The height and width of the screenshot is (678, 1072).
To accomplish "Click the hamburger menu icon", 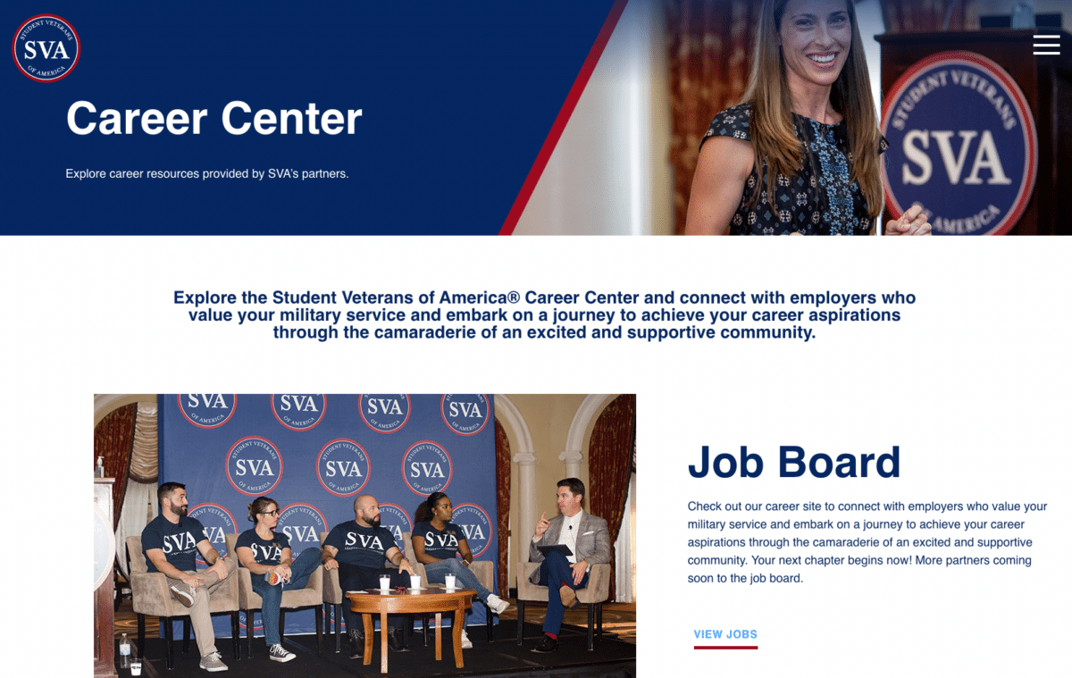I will coord(1046,45).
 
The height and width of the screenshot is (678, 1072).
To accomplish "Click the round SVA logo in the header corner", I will coord(46,48).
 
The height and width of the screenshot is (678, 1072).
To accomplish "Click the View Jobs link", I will coord(725,634).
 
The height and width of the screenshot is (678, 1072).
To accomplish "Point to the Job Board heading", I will coord(793,462).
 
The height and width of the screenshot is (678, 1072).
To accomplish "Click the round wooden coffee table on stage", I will coord(410,599).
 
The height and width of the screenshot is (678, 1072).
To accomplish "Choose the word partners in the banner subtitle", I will coord(323,173).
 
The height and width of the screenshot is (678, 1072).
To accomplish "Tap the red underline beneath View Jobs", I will coord(725,647).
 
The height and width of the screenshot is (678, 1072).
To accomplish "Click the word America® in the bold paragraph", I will coord(480,297).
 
